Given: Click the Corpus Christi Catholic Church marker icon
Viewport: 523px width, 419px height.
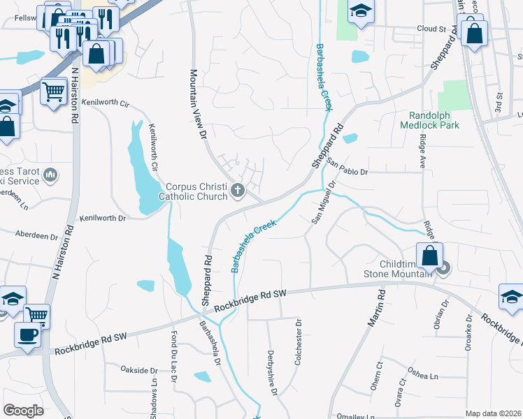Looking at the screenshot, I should (238, 190).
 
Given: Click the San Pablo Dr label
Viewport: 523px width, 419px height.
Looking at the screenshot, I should (347, 170).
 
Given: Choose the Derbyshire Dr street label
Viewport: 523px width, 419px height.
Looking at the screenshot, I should (273, 373).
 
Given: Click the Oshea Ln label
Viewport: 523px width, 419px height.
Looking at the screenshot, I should (424, 376).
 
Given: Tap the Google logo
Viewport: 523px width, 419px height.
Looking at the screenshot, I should (23, 411).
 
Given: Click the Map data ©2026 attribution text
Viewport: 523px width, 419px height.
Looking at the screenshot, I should (493, 413).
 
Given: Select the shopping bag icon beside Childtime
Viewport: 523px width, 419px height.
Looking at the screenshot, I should (429, 256).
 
